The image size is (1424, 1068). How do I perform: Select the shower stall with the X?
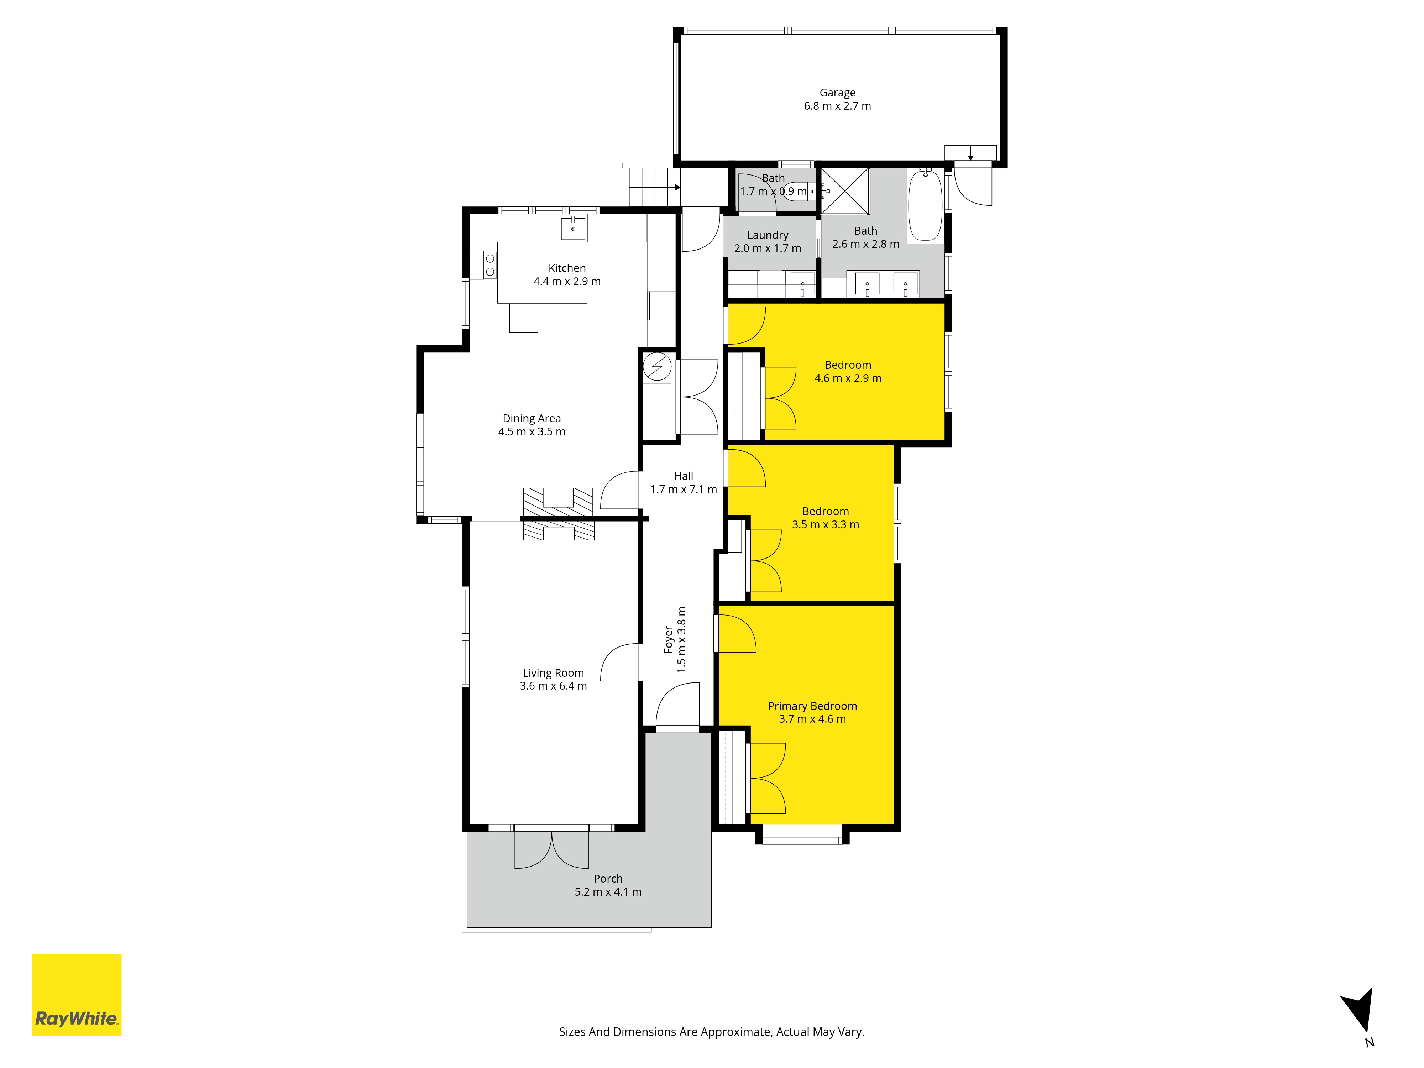[845, 190]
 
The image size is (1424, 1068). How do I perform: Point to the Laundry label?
[768, 235]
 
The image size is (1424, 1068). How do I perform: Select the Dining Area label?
[532, 418]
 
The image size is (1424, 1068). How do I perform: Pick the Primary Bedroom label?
[812, 706]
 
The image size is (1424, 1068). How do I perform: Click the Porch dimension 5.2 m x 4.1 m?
[608, 892]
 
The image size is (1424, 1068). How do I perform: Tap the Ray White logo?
[77, 995]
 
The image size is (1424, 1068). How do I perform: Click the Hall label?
[683, 476]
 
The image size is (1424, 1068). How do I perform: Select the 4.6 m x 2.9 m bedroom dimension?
[848, 378]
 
